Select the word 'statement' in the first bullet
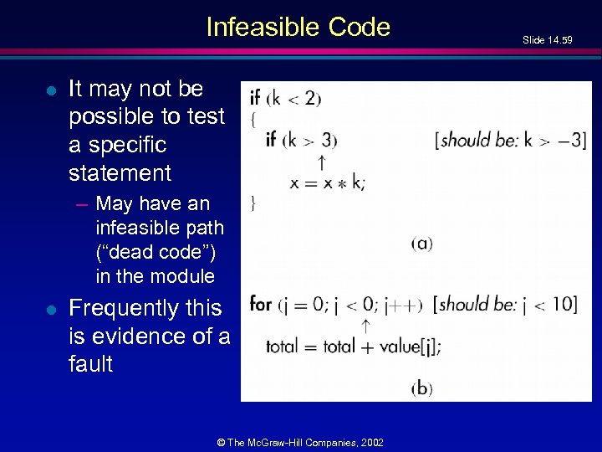pyautogui.click(x=120, y=173)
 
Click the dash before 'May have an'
pyautogui.click(x=84, y=204)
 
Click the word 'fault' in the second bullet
pyautogui.click(x=90, y=364)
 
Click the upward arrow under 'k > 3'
pyautogui.click(x=321, y=161)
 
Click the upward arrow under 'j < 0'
pyautogui.click(x=365, y=325)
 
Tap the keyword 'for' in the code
pyautogui.click(x=261, y=304)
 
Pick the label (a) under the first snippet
pyautogui.click(x=421, y=244)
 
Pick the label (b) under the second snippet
pyautogui.click(x=421, y=388)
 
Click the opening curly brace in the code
pyautogui.click(x=253, y=119)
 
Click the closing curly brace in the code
pyautogui.click(x=253, y=203)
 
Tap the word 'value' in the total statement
pyautogui.click(x=400, y=346)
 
